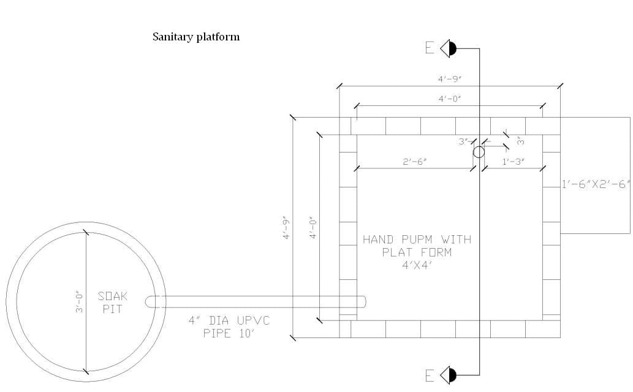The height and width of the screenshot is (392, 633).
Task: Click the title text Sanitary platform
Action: (196, 37)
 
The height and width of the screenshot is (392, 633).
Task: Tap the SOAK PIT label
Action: (113, 303)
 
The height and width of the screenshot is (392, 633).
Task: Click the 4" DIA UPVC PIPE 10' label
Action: (229, 327)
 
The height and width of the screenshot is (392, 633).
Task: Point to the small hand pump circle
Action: (479, 152)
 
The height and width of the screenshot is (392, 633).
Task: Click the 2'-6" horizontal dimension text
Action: (415, 162)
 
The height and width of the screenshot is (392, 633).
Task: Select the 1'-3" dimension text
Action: (513, 162)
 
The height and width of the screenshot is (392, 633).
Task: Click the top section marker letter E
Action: (430, 48)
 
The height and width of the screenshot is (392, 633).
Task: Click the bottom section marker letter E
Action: (430, 375)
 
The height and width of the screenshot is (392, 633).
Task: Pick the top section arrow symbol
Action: (449, 48)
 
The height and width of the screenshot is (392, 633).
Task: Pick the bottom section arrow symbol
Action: (449, 375)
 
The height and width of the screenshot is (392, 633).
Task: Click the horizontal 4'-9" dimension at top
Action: (449, 79)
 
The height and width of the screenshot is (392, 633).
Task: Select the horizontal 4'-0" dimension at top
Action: (449, 99)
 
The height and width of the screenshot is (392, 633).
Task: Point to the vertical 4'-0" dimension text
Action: (314, 228)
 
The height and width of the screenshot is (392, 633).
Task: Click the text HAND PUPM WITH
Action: (417, 239)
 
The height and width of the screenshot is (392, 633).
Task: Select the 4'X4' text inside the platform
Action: (417, 265)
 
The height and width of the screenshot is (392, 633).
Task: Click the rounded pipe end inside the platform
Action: (362, 302)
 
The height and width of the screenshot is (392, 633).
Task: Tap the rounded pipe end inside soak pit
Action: (150, 302)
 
